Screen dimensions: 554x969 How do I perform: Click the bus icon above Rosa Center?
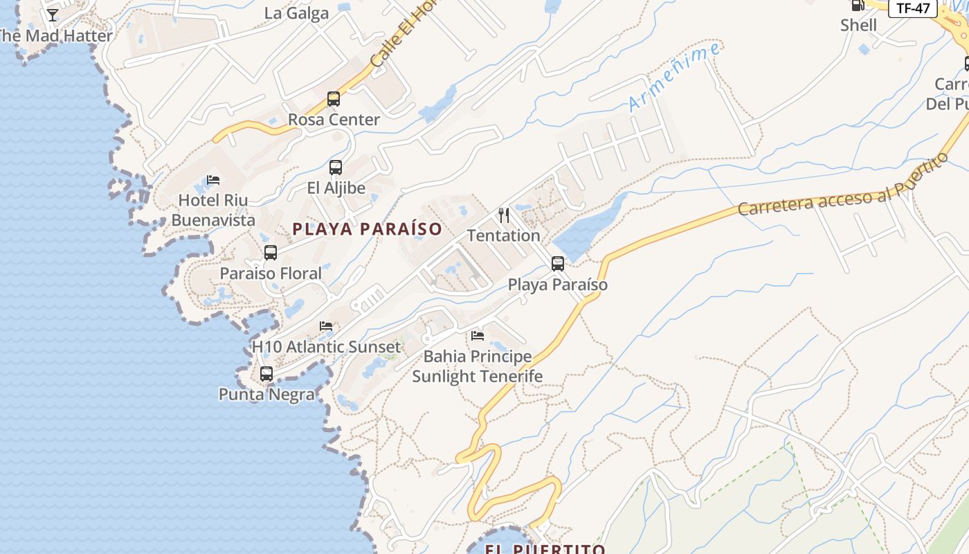(x=334, y=99)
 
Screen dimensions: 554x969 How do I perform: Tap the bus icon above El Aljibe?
(x=336, y=168)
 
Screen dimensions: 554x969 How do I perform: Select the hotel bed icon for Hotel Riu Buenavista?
(x=213, y=180)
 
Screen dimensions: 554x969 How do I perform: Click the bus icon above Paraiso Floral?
(x=271, y=253)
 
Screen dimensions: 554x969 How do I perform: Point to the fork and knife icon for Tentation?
(x=504, y=215)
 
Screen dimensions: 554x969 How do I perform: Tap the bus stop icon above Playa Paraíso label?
(x=558, y=264)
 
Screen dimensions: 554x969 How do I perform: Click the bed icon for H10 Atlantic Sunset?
(x=326, y=326)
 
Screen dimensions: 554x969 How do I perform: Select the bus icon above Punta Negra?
(x=266, y=374)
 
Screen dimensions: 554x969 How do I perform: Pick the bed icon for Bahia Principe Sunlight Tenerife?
(x=478, y=336)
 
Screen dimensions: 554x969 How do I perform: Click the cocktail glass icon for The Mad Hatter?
(x=53, y=15)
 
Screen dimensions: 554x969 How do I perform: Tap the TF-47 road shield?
(x=913, y=8)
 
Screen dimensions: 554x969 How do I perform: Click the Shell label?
(x=858, y=25)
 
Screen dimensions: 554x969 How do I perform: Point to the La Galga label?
(x=296, y=13)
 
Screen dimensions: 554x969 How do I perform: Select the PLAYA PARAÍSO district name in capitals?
(x=367, y=229)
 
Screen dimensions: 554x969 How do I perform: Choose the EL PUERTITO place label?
(x=545, y=549)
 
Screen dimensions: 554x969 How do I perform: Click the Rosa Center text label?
(x=334, y=119)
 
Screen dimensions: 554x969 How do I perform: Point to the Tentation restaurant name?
(x=503, y=235)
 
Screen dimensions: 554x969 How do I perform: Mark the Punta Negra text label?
(x=266, y=395)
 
